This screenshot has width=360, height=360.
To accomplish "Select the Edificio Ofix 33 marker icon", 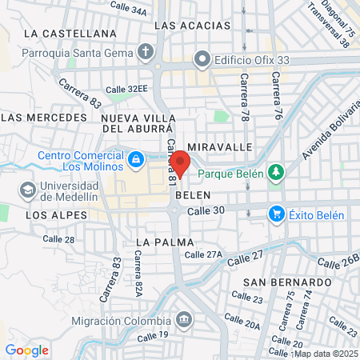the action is point(202,58).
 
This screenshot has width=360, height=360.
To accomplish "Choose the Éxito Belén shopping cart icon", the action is point(277,214).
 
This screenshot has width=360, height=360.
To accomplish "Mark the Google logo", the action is point(26,350).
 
